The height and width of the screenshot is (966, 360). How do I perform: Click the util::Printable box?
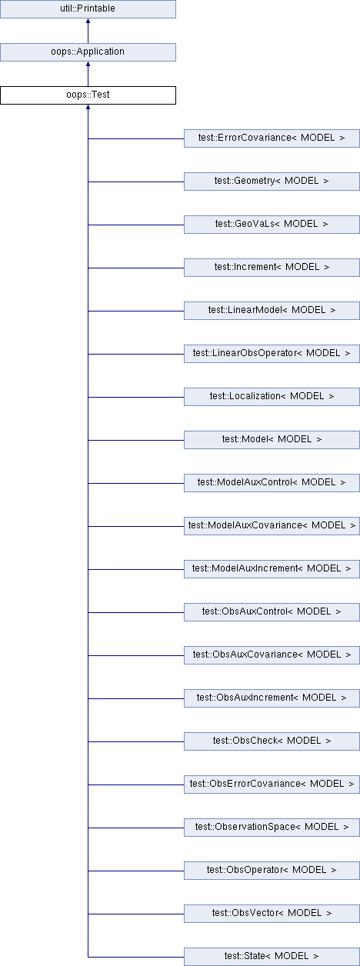(88, 9)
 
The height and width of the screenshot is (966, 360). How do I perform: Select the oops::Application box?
(88, 52)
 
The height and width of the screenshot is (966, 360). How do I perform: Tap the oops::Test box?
(88, 95)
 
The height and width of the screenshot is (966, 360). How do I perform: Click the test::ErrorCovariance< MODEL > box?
(272, 138)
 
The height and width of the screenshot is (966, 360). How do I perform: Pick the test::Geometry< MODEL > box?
(272, 182)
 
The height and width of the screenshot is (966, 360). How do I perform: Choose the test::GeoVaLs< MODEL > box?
(272, 225)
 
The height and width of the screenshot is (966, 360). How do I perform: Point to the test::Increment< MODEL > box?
(272, 268)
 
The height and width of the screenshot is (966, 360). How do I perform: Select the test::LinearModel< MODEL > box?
(272, 311)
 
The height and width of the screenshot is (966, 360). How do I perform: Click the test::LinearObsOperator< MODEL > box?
(272, 354)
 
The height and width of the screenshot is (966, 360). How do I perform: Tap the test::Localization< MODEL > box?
(272, 397)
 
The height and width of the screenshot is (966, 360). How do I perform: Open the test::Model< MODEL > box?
(272, 440)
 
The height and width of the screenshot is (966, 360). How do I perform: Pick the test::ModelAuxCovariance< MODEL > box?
(272, 526)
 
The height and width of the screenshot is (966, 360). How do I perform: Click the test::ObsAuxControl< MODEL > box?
(272, 612)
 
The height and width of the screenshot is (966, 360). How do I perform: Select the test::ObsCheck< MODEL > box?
(272, 741)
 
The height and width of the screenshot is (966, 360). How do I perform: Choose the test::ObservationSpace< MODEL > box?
(272, 828)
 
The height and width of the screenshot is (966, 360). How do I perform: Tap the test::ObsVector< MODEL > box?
(272, 914)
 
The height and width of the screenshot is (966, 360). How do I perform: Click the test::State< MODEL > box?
(272, 957)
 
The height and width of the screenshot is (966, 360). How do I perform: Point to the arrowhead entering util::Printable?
(88, 21)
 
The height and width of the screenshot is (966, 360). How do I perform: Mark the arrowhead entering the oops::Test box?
(88, 107)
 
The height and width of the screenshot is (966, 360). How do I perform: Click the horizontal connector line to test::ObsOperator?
(136, 871)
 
